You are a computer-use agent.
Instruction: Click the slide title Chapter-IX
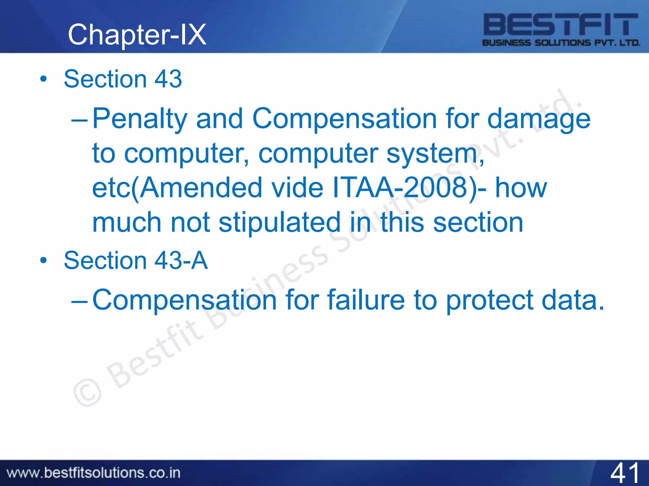pyautogui.click(x=137, y=35)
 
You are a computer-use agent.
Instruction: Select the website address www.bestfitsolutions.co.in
pyautogui.click(x=93, y=473)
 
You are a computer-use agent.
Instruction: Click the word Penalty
pyautogui.click(x=140, y=119)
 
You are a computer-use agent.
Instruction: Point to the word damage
pyautogui.click(x=538, y=119)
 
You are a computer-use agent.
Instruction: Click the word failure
pyautogui.click(x=366, y=300)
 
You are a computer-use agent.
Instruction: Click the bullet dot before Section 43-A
pyautogui.click(x=43, y=260)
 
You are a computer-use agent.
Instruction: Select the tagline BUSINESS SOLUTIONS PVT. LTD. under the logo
pyautogui.click(x=561, y=43)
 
